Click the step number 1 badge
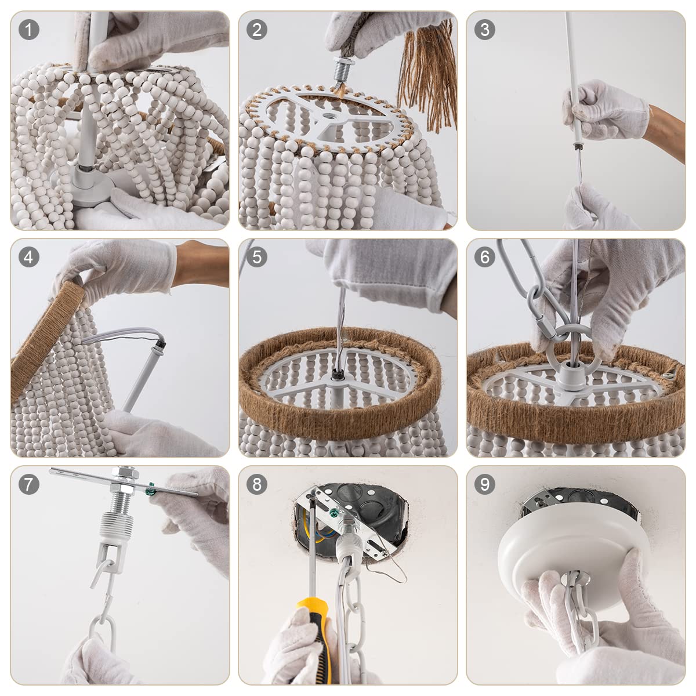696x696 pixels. pyautogui.click(x=28, y=30)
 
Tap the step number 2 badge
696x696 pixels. pyautogui.click(x=257, y=30)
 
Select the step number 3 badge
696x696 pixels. pyautogui.click(x=485, y=30)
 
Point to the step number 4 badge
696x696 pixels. pyautogui.click(x=28, y=257)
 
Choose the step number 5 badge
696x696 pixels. pyautogui.click(x=257, y=257)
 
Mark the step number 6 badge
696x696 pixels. pyautogui.click(x=485, y=257)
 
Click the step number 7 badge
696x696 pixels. pyautogui.click(x=28, y=484)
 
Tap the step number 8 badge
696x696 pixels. pyautogui.click(x=257, y=484)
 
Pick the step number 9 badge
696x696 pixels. pyautogui.click(x=485, y=484)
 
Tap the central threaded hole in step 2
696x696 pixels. pyautogui.click(x=329, y=117)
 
